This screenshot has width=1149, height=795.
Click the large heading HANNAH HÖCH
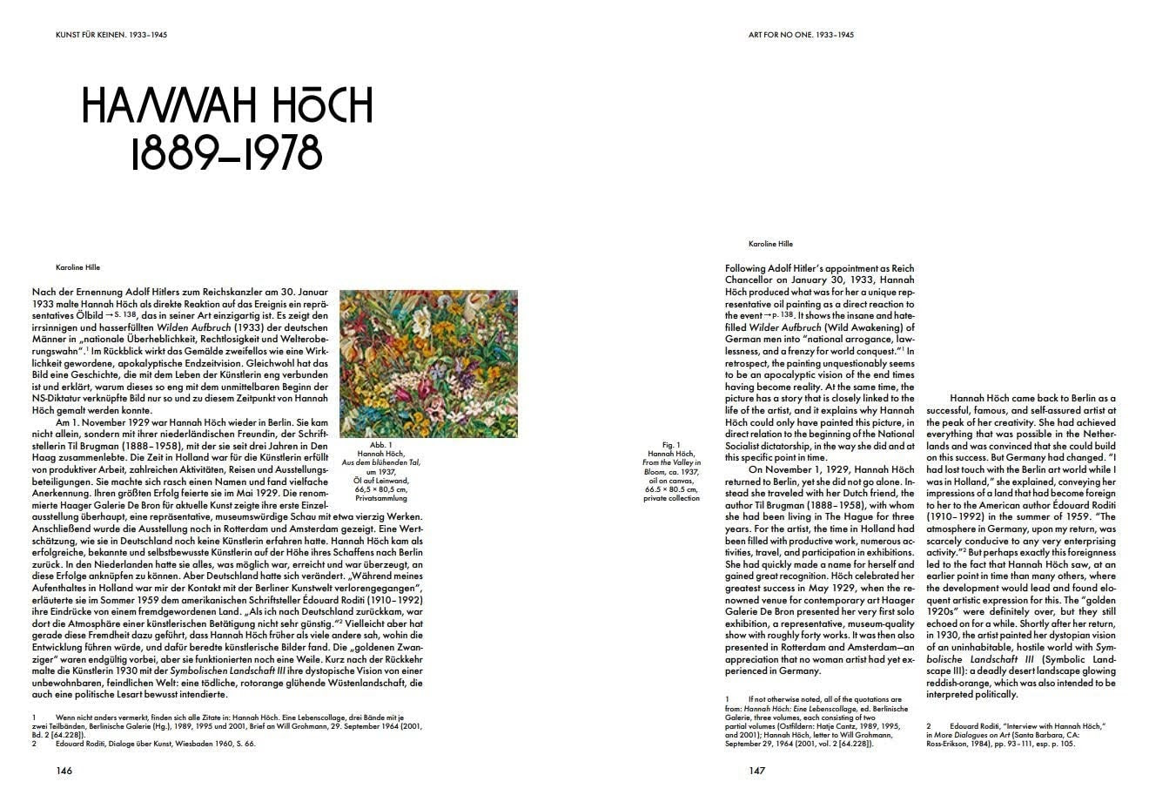(x=227, y=105)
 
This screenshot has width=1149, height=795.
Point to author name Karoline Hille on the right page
(x=770, y=244)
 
